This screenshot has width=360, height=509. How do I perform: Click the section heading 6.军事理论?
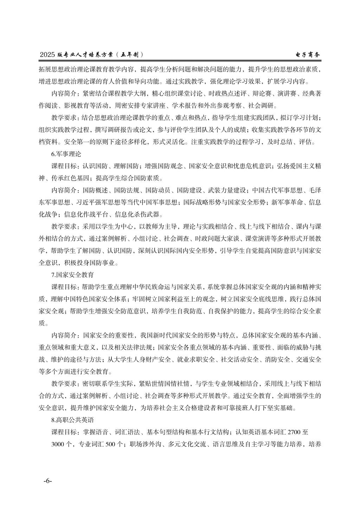coord(66,154)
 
